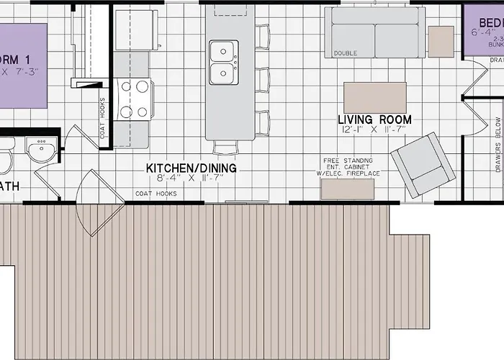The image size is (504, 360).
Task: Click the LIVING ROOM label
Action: click(x=375, y=120)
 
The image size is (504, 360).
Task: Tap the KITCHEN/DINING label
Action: click(x=191, y=168)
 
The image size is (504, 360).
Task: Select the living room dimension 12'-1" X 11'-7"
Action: click(x=375, y=130)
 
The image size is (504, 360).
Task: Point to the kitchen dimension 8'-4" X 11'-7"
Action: click(x=191, y=179)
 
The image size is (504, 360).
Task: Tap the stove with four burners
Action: click(x=134, y=99)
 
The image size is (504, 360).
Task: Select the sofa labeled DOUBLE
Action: click(x=374, y=32)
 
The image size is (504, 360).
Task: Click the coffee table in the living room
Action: click(x=374, y=97)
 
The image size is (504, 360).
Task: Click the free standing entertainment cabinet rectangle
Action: click(x=348, y=189)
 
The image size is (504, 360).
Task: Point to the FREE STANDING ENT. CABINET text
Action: click(x=348, y=166)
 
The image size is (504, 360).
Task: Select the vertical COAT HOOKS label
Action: click(x=103, y=119)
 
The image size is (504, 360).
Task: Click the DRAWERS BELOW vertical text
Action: click(x=498, y=145)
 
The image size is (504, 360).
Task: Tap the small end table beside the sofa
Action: click(x=441, y=42)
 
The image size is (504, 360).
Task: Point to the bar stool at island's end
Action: click(x=225, y=147)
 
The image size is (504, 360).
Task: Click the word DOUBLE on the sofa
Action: click(x=345, y=53)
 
